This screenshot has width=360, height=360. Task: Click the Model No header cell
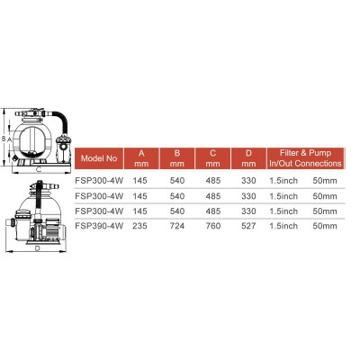tap(99, 157)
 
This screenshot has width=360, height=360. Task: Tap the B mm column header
tap(175, 157)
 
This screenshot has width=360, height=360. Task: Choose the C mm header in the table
tap(210, 157)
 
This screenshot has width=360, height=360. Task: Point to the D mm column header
tap(246, 157)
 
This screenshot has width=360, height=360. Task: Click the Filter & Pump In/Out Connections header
tap(305, 157)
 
